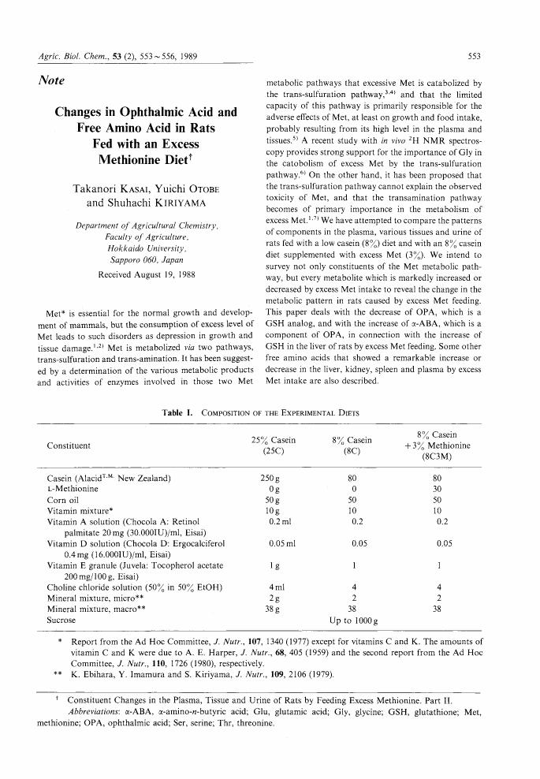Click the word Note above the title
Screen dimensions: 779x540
51,80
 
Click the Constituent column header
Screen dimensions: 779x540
69,445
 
